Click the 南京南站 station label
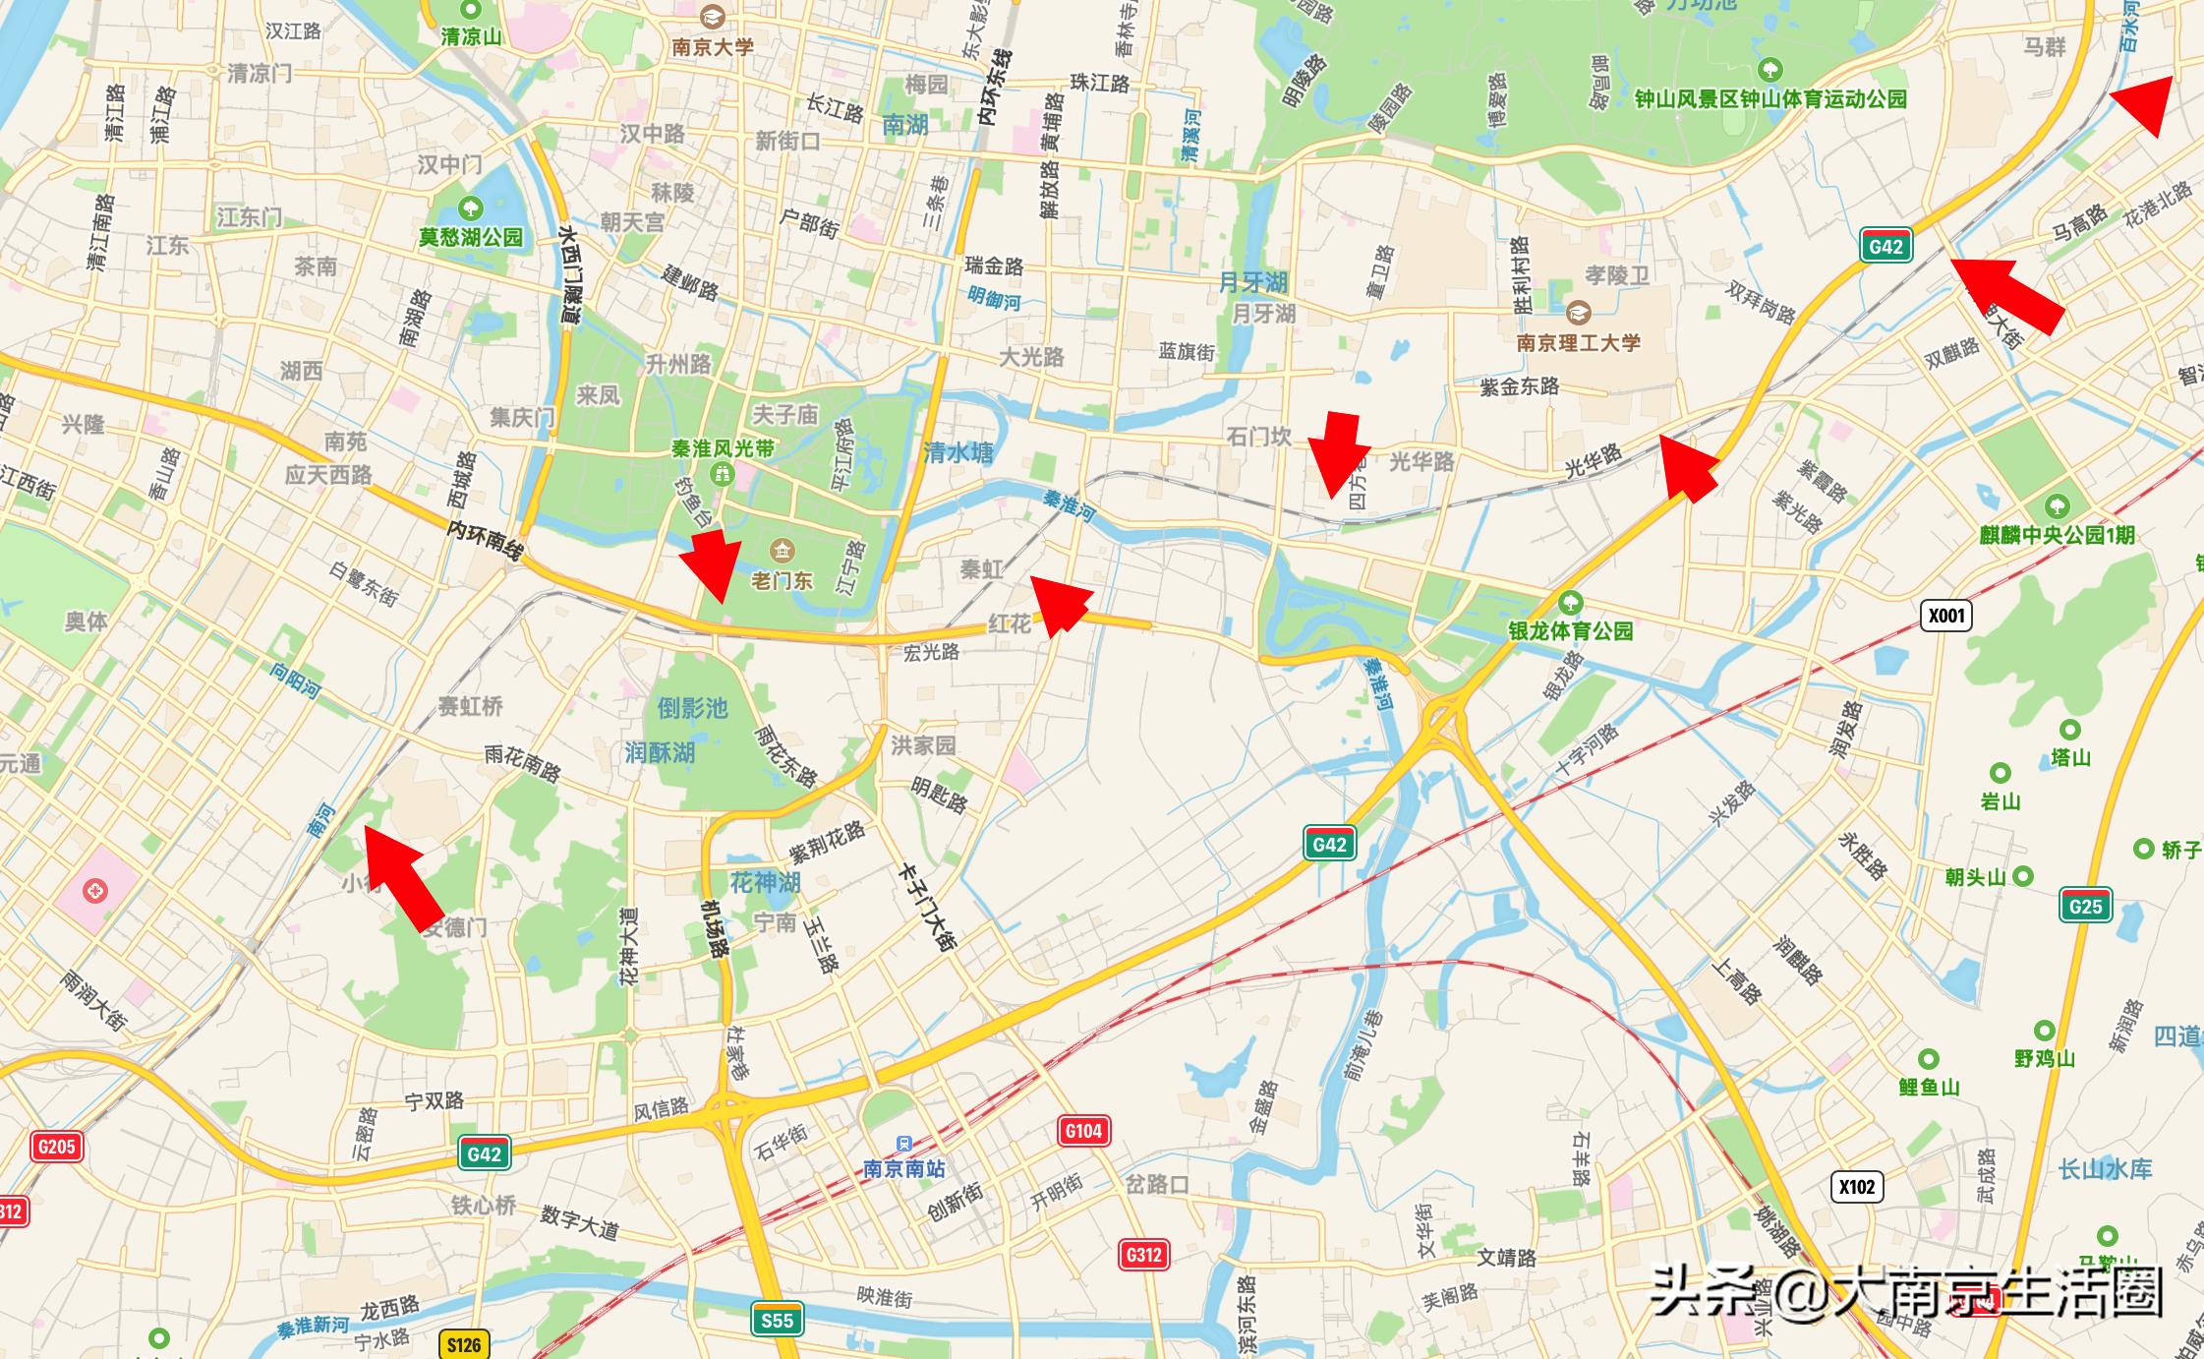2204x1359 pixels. coord(903,1168)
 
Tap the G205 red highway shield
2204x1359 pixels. coord(56,1146)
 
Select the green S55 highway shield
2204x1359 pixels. coord(777,1320)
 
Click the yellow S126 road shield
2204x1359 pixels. coord(464,1344)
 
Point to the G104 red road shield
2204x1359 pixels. coord(1083,1131)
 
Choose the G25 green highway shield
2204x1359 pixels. coord(2085,906)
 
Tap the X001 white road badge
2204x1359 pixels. coord(1945,616)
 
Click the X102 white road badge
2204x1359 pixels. coord(1856,1187)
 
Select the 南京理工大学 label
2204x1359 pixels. coord(1578,342)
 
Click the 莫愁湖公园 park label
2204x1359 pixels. coord(471,237)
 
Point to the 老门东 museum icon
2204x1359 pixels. coord(783,550)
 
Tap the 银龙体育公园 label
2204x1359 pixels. coord(1571,630)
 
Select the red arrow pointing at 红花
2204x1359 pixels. coord(1062,604)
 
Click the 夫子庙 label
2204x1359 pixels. coord(785,415)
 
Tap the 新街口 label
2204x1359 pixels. coord(787,142)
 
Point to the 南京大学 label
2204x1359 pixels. coord(713,46)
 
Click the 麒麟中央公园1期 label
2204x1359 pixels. coord(2057,535)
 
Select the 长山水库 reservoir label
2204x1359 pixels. coord(2105,1169)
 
